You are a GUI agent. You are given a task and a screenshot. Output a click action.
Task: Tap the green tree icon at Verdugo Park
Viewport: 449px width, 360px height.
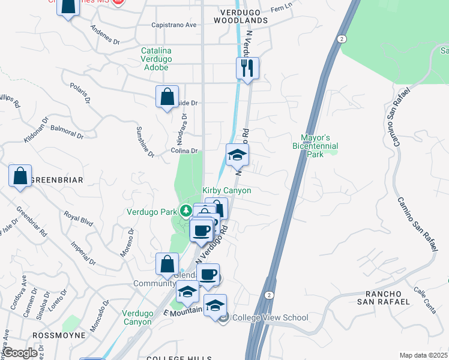(x=187, y=211)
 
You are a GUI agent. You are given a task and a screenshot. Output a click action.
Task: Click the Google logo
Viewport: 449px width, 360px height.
(x=20, y=353)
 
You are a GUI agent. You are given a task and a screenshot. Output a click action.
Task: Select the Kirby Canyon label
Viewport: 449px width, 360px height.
(x=226, y=190)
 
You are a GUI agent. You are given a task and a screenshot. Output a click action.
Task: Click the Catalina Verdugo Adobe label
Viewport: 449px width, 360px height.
(x=156, y=59)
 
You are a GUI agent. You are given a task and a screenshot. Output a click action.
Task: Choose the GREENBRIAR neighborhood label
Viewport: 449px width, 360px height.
(x=56, y=179)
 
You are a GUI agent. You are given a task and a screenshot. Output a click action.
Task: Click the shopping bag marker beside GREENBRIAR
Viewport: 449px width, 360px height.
(x=20, y=176)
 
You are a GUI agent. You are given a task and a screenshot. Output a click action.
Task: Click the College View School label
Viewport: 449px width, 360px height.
(x=270, y=317)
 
